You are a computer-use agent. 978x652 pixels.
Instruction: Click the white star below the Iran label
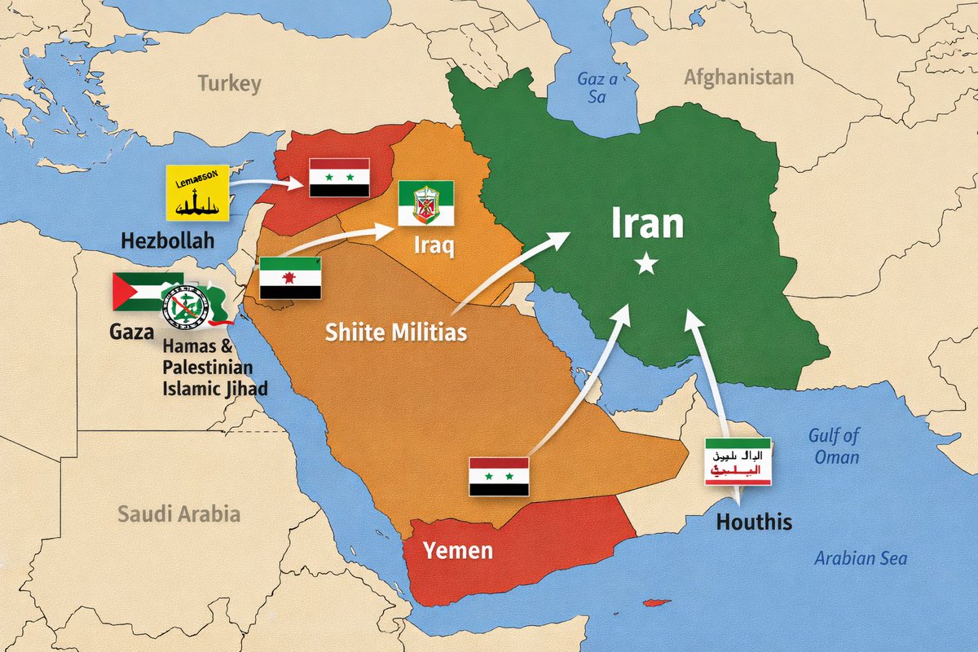[646, 263]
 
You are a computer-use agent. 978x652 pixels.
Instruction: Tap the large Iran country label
[648, 222]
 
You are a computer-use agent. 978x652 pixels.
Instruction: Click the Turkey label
[229, 84]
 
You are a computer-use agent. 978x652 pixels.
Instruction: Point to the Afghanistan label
[738, 78]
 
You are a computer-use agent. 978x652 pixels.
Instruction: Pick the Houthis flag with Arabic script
[738, 462]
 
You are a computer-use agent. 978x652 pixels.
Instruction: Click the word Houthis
[754, 522]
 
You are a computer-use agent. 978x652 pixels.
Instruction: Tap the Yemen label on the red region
[458, 550]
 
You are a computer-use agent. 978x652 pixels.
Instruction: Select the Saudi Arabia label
[178, 514]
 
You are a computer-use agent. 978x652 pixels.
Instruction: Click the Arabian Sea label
[860, 559]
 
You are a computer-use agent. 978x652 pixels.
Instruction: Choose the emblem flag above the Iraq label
[425, 204]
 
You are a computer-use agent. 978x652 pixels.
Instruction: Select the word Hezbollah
[167, 240]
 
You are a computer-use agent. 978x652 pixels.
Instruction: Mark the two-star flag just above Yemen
[499, 477]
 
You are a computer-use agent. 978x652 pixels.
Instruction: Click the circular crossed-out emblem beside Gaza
[187, 307]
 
